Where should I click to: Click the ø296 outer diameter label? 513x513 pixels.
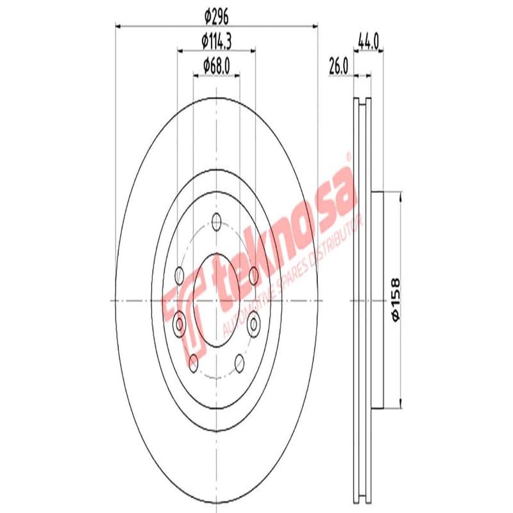pyautogui.click(x=215, y=14)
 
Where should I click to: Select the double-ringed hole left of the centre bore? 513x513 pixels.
pyautogui.click(x=180, y=320)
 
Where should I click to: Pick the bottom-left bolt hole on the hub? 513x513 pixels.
pyautogui.click(x=193, y=363)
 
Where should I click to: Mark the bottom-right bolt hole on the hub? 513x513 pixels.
pyautogui.click(x=239, y=364)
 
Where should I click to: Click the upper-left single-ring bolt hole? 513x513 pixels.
pyautogui.click(x=180, y=276)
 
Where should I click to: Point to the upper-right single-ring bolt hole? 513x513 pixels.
pyautogui.click(x=254, y=276)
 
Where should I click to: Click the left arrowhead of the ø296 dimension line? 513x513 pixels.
pyautogui.click(x=119, y=26)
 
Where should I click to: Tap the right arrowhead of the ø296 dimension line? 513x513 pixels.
pyautogui.click(x=314, y=26)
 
